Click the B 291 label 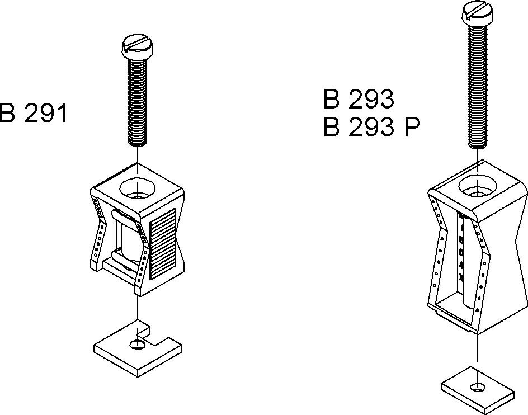(x=33, y=113)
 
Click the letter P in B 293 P (x=412, y=128)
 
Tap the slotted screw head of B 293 (x=477, y=13)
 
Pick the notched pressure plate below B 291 (x=138, y=350)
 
